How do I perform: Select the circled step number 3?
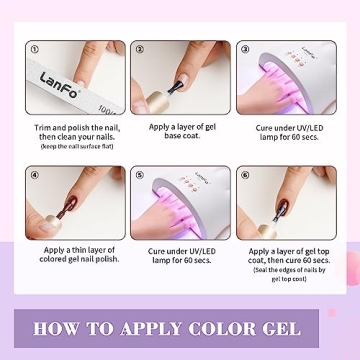coord(244,48)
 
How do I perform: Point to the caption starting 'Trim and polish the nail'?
coord(74,131)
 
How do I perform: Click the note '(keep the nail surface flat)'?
coord(74,147)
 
